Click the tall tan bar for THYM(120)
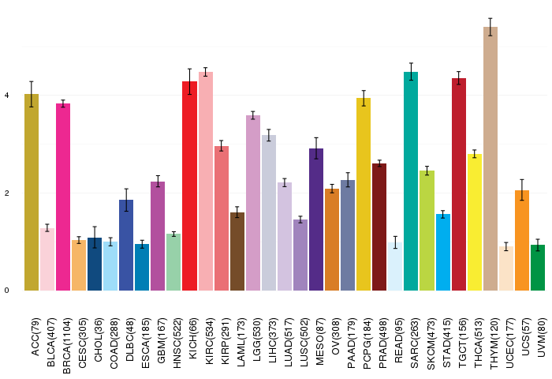point(490,159)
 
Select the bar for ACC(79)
point(32,192)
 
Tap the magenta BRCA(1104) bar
point(63,197)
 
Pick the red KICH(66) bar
point(189,186)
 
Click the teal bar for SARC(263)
point(411,182)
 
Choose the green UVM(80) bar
point(538,268)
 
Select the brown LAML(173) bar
point(237,251)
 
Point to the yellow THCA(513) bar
point(475,222)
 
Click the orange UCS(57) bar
point(522,241)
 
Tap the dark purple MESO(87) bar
point(316,220)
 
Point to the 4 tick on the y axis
point(6,96)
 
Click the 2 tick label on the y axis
point(6,193)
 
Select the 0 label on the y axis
point(6,291)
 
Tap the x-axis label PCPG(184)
point(367,343)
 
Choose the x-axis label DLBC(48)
point(130,340)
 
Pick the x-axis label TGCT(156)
point(462,343)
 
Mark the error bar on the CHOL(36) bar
point(95,238)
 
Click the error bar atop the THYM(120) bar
point(490,27)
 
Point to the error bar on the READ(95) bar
point(395,242)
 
